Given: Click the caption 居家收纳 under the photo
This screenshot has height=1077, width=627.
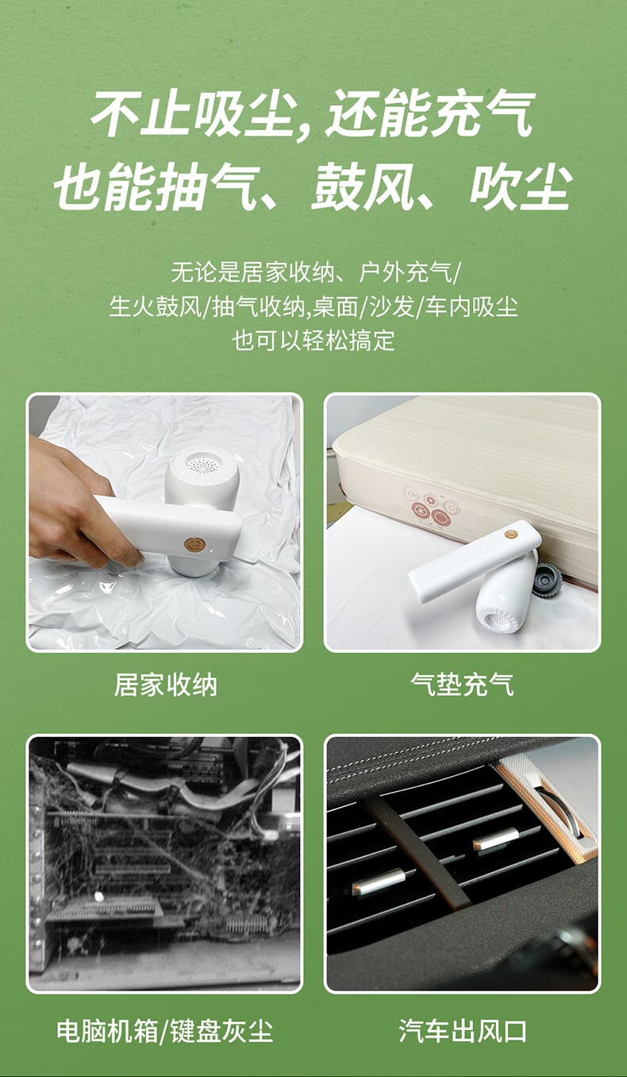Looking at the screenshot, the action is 165,685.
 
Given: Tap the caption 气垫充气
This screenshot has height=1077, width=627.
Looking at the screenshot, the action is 462,685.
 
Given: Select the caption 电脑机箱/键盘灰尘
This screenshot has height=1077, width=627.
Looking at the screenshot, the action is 165,1030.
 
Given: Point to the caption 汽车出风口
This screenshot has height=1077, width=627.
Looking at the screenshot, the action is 462,1030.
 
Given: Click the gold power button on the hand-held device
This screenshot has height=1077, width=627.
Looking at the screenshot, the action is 195,545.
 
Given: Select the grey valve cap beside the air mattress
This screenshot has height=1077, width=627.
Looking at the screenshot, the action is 548,580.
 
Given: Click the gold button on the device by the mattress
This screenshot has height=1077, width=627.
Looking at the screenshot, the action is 511,535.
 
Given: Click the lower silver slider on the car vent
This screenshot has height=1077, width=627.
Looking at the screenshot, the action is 379,883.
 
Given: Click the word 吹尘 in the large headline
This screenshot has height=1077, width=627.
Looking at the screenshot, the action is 521,187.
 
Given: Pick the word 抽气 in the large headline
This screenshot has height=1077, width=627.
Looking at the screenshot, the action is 210,187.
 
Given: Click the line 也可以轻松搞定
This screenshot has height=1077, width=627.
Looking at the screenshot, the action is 313,341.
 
